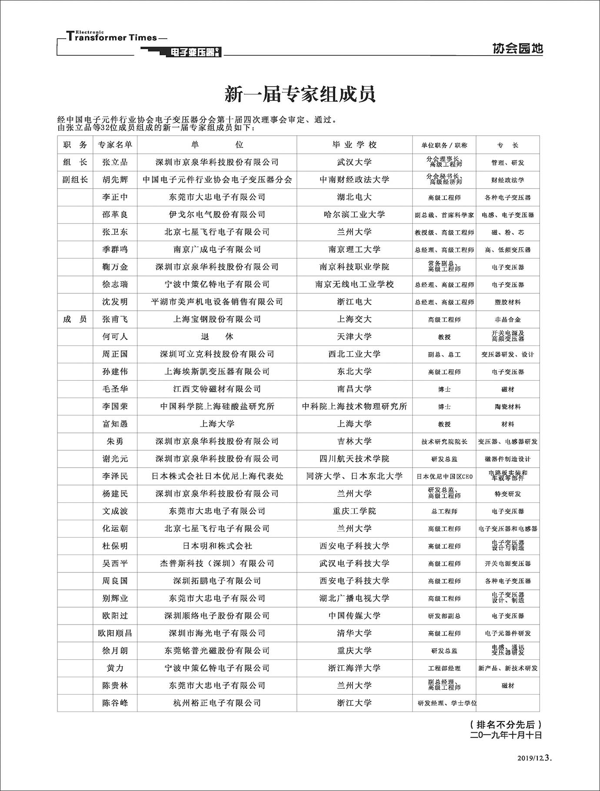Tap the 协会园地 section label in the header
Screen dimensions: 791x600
[517, 48]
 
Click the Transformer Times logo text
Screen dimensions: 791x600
[112, 37]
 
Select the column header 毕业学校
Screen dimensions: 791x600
[354, 145]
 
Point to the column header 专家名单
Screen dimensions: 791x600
[115, 145]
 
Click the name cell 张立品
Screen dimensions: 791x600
[115, 162]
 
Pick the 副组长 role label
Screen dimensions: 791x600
[75, 179]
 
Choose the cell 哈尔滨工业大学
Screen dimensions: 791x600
[354, 215]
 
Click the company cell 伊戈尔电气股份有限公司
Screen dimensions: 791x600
[217, 215]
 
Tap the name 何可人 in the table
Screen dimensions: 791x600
[115, 337]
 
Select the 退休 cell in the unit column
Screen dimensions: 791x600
[217, 337]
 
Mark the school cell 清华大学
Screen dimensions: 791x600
[354, 633]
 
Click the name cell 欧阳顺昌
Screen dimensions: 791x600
[115, 633]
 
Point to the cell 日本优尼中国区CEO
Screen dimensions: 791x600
[444, 476]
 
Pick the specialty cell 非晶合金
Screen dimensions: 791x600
[507, 319]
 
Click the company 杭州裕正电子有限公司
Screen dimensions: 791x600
[217, 703]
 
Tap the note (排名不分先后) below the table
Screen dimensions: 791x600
[506, 725]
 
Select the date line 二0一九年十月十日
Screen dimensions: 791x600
[506, 735]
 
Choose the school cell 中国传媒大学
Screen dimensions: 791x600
[354, 616]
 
